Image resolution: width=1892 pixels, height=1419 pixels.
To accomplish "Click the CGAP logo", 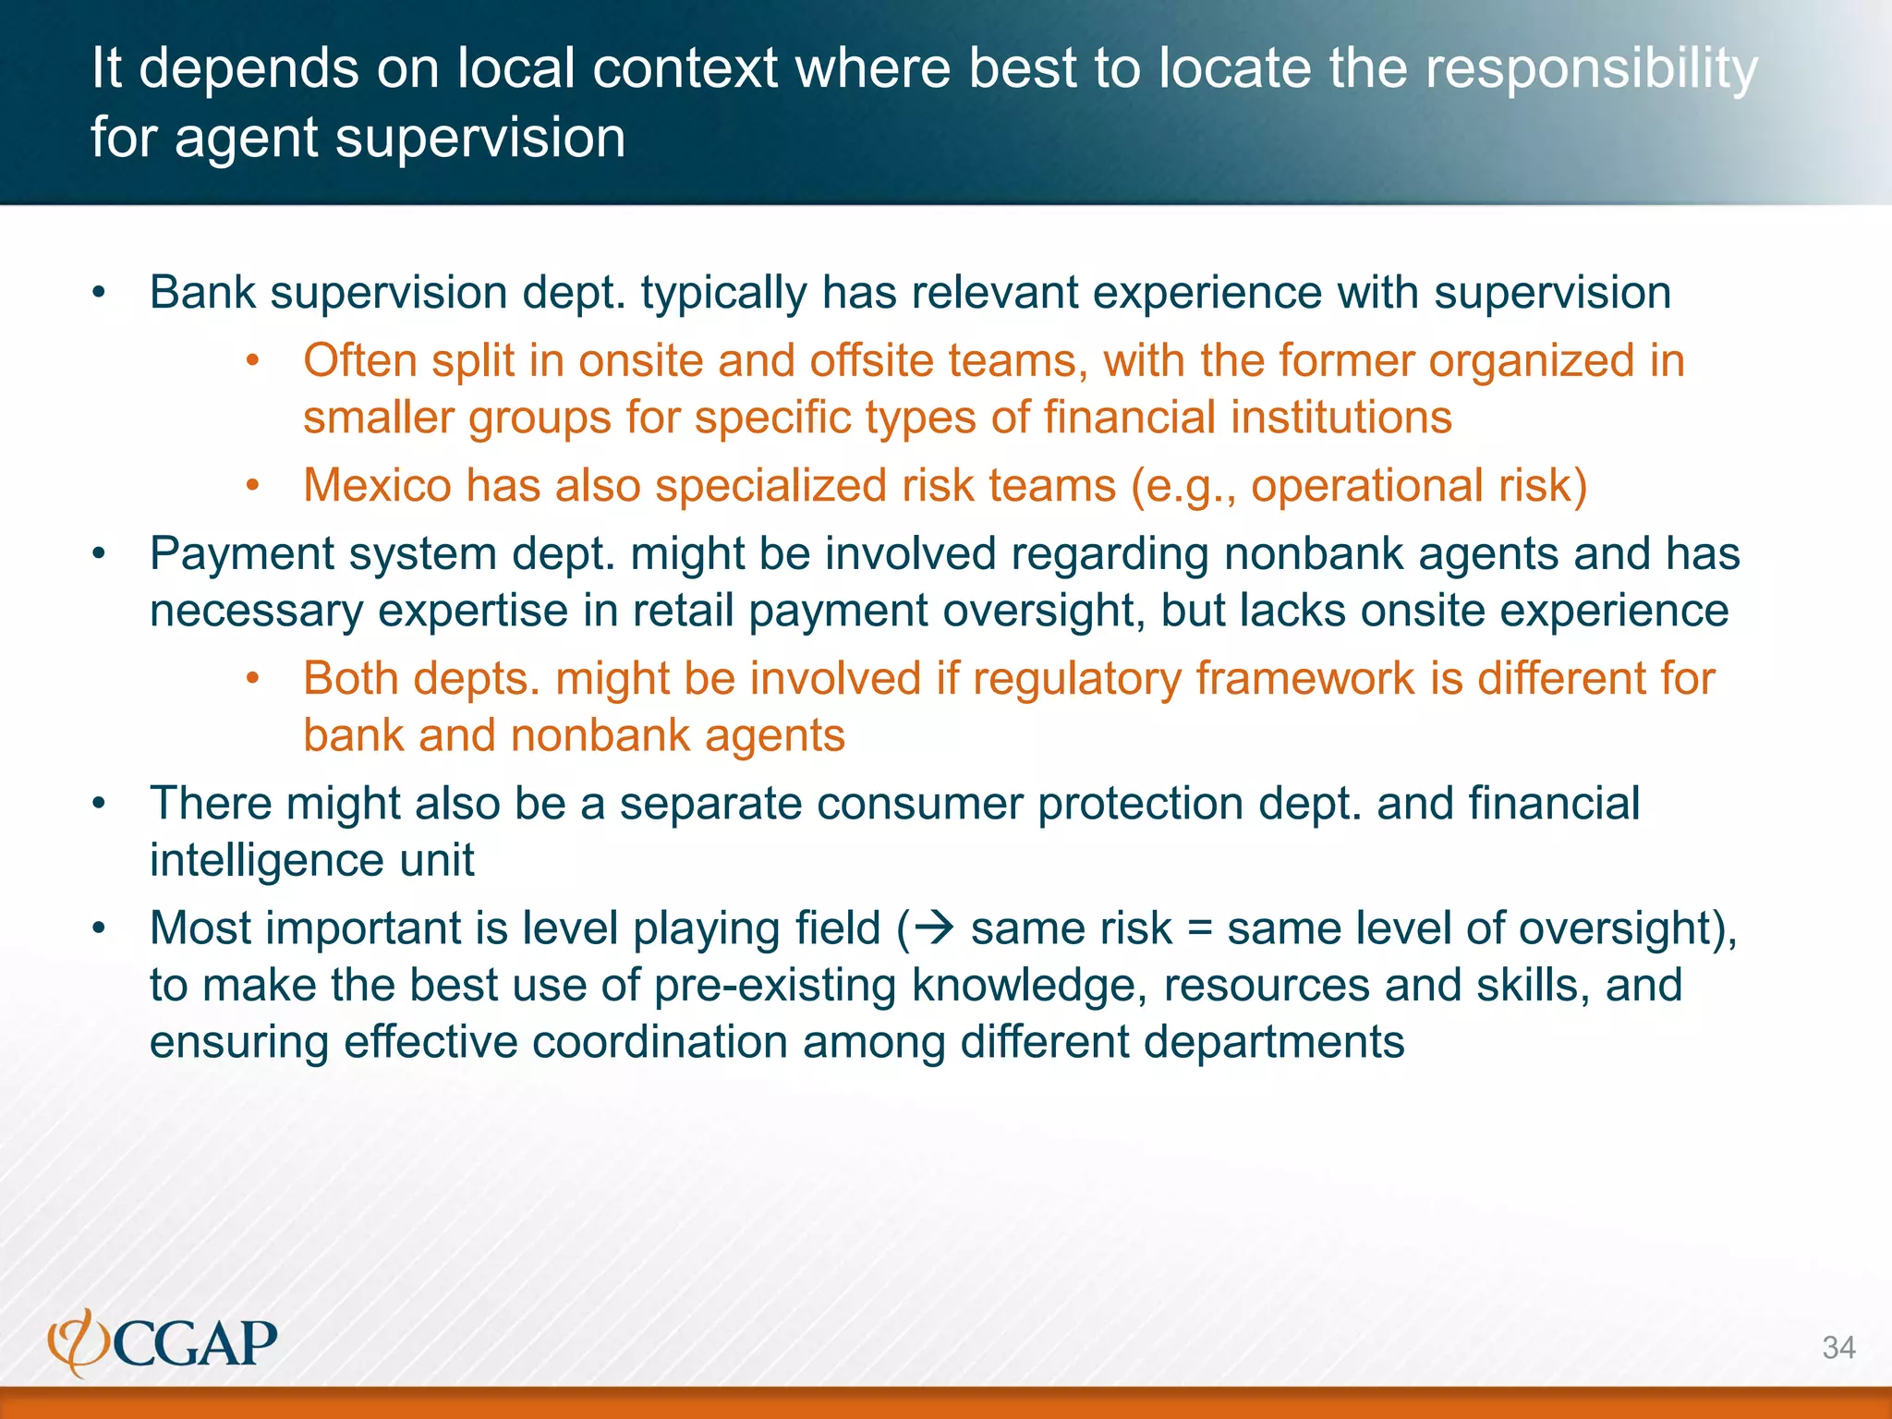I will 163,1342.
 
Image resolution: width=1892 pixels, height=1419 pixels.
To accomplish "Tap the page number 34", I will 1838,1348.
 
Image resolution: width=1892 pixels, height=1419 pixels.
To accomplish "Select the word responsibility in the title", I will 1591,70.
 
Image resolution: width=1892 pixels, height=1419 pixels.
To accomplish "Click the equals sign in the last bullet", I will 1198,929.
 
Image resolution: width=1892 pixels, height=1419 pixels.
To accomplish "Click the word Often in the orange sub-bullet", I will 359,360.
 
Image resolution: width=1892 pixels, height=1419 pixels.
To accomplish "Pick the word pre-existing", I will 775,987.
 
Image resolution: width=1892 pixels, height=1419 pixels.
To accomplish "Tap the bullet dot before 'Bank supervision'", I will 100,294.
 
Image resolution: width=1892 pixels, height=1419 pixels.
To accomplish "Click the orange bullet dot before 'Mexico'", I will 252,487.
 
